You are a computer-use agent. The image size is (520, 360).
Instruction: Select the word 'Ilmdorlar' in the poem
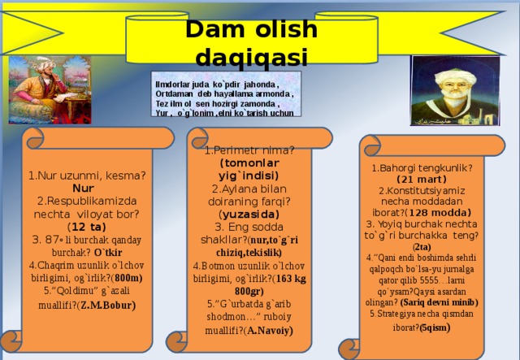pos(171,84)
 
